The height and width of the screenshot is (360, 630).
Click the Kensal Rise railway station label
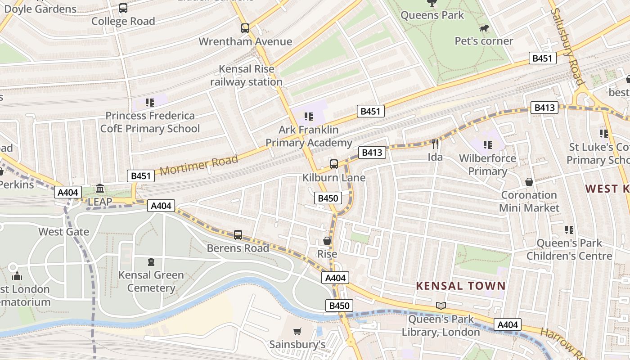[246, 76]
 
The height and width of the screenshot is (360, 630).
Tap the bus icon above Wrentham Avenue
[245, 28]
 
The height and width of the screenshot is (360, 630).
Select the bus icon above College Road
[123, 8]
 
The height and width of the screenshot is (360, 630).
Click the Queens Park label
[432, 15]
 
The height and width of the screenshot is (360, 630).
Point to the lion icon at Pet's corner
[484, 29]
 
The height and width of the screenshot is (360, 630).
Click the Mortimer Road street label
[198, 165]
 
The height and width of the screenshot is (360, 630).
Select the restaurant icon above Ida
[435, 144]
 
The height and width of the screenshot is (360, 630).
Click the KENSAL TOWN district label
[461, 286]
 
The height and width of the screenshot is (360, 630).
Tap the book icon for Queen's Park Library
[441, 306]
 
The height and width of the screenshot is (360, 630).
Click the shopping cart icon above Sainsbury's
[297, 332]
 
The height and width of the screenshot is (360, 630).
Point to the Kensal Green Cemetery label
[151, 281]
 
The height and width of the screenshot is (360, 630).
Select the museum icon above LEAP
[100, 188]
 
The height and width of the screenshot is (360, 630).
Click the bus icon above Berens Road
[238, 234]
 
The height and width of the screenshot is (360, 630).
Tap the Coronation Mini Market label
[529, 202]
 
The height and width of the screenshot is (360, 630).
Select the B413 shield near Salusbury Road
[544, 108]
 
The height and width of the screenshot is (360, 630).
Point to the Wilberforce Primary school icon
[487, 144]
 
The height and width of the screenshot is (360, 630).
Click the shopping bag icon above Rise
[327, 241]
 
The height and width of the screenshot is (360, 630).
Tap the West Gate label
[63, 232]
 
